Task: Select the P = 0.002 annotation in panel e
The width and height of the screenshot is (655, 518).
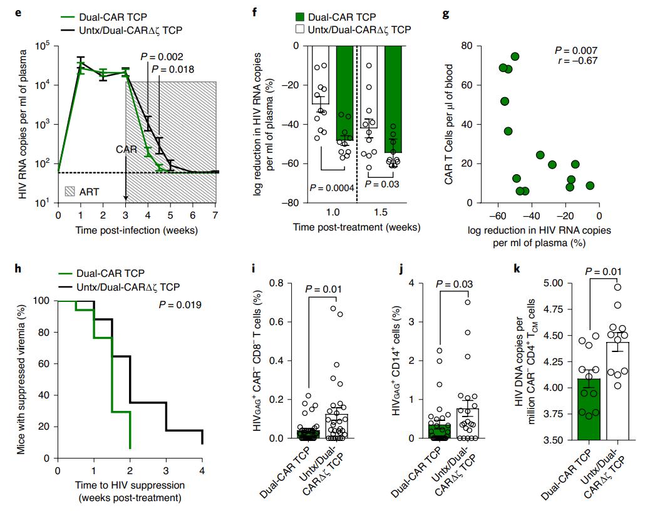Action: coord(162,56)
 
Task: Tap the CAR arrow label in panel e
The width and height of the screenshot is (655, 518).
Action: coord(126,150)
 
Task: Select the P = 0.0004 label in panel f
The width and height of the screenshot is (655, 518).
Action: coord(336,187)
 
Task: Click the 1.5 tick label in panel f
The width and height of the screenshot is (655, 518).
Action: coord(382,214)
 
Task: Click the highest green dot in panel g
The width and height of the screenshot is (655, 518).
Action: coord(515,57)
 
